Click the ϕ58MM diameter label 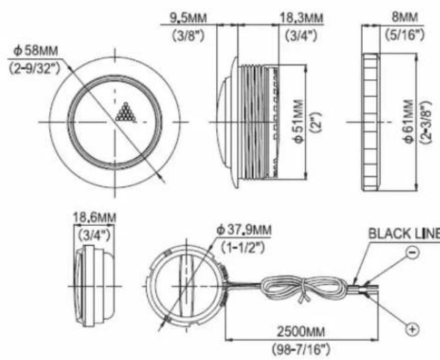(x=36, y=51)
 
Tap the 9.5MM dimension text (x=188, y=18)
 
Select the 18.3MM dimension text (x=302, y=18)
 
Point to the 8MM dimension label (x=404, y=18)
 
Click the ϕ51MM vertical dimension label (x=300, y=121)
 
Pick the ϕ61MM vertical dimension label (x=409, y=121)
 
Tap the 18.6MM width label (x=94, y=218)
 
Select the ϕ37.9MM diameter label (x=244, y=231)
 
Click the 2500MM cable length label (x=301, y=332)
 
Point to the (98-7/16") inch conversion (x=301, y=350)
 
